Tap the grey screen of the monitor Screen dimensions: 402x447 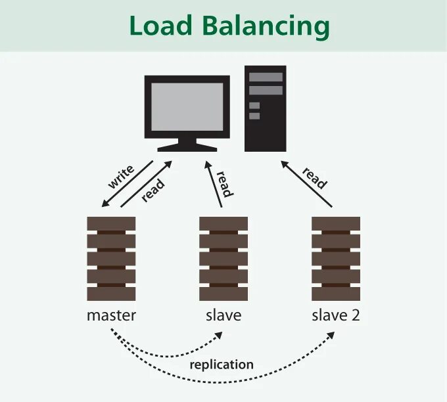187,108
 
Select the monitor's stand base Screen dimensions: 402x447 187,148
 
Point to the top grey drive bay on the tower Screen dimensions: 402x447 265,77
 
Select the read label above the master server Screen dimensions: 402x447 153,190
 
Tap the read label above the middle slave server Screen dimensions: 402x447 223,183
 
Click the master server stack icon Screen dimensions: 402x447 111,258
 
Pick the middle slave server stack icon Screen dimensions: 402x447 223,258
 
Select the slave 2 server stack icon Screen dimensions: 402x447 336,258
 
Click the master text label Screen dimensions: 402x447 111,315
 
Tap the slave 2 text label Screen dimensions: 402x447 336,315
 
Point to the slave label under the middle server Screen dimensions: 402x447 223,315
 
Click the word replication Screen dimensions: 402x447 222,364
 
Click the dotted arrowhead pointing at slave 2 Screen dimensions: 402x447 331,336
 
